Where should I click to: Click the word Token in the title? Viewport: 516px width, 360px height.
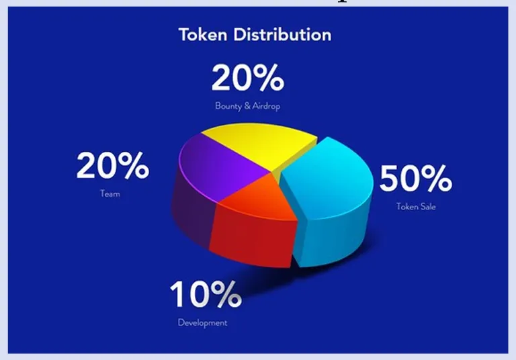(x=203, y=34)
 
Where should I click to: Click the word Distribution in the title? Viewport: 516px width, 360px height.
(x=282, y=34)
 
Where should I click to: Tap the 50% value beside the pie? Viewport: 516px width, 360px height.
(x=416, y=179)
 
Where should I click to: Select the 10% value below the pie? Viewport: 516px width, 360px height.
(x=206, y=294)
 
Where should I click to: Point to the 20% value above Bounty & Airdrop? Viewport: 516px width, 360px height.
(x=248, y=78)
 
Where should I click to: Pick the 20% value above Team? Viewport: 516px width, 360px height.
(x=113, y=165)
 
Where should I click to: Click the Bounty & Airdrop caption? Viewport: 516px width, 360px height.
(x=247, y=106)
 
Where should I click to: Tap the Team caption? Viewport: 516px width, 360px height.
(x=110, y=193)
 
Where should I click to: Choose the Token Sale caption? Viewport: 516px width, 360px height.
(x=416, y=206)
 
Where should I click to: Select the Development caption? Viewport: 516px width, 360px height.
(x=202, y=322)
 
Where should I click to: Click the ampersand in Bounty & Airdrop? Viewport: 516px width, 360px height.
(x=247, y=106)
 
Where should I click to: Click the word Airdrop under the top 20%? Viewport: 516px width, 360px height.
(x=266, y=106)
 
